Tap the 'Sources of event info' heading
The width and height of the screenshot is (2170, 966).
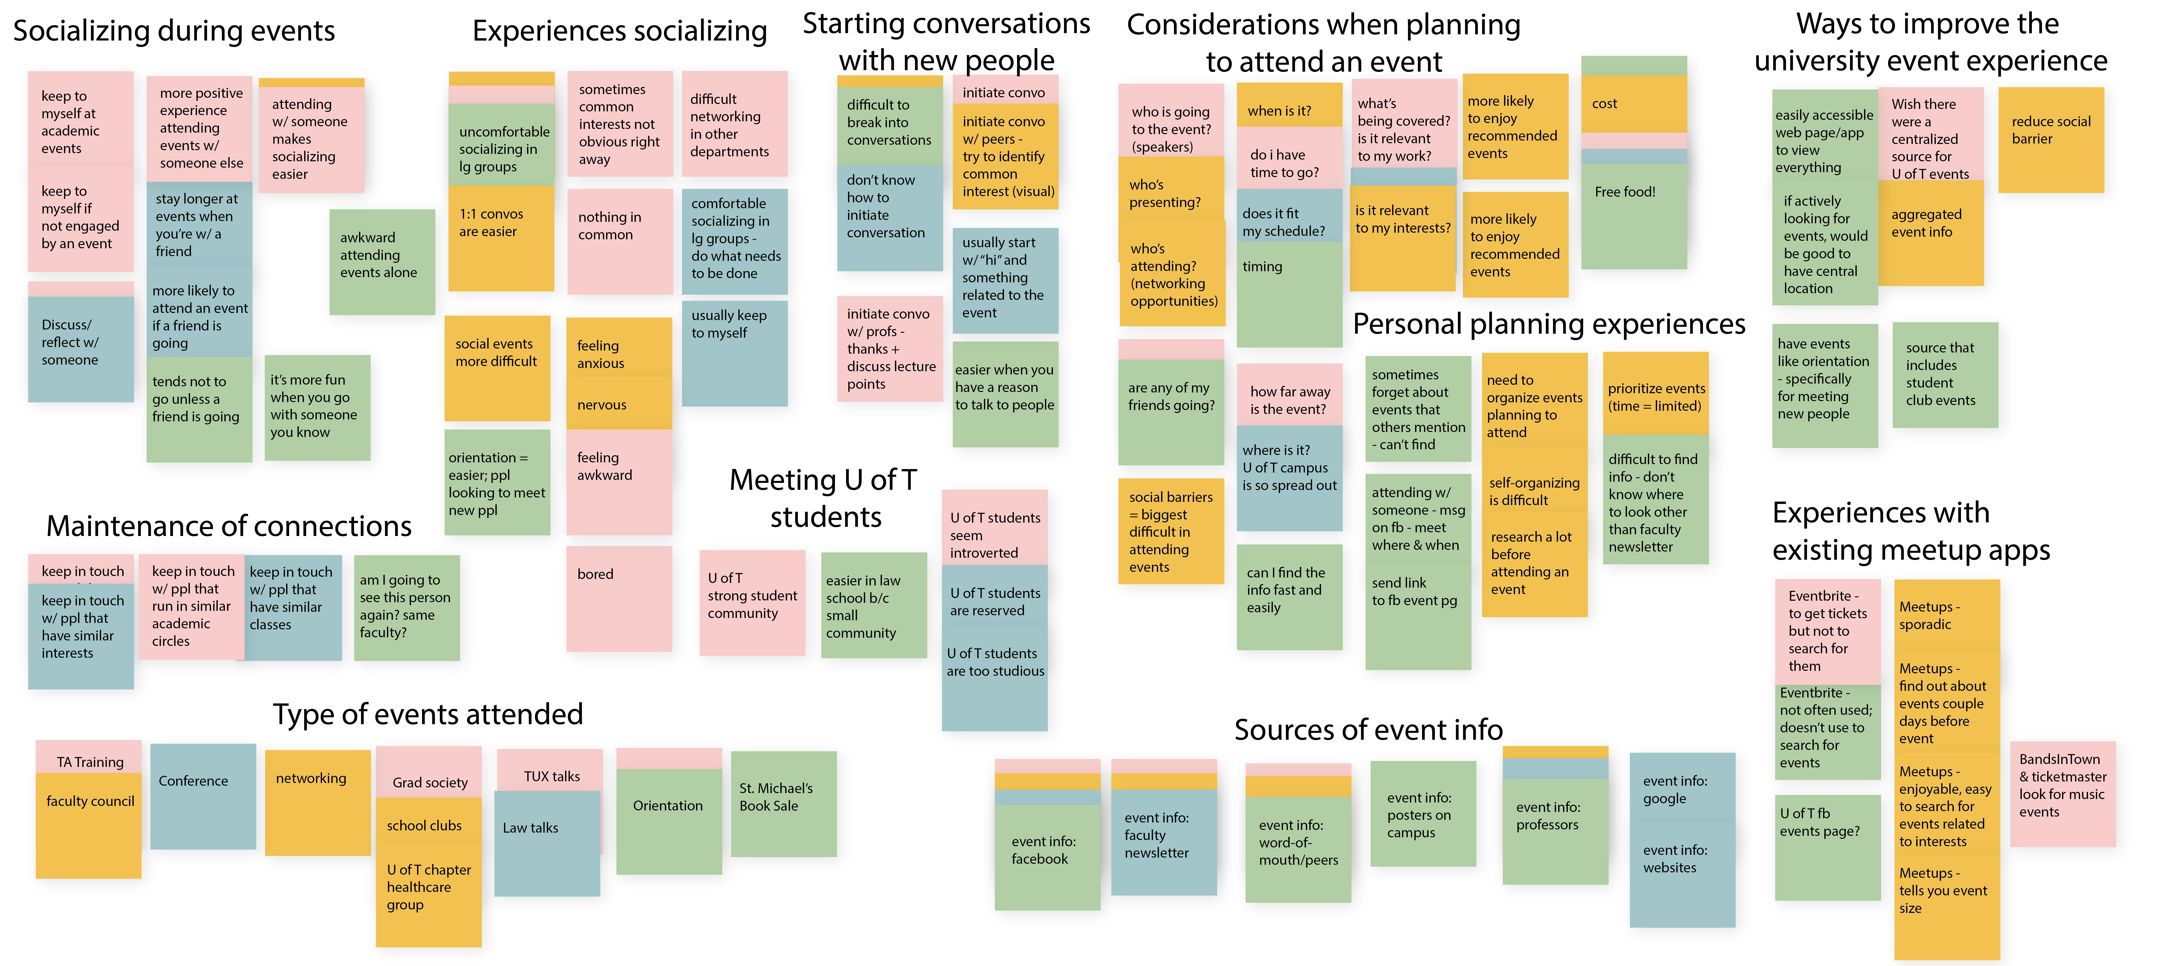pyautogui.click(x=1368, y=729)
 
